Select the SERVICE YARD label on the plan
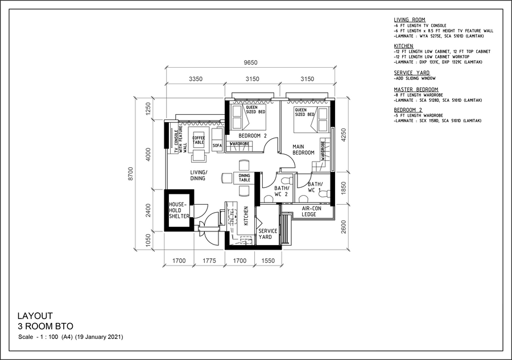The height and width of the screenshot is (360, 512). point(267,234)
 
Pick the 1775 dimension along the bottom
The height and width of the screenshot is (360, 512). point(209,262)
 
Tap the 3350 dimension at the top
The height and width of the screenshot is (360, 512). point(196,80)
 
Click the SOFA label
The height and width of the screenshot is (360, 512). point(217,146)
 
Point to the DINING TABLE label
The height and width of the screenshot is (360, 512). point(244,178)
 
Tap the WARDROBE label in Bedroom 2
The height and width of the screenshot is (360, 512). point(240,144)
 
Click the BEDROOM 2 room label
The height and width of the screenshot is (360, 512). point(253,136)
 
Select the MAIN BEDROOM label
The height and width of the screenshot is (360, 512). point(303,149)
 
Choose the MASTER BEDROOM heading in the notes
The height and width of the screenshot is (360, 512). point(416,89)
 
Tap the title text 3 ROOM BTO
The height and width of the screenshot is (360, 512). point(42,326)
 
